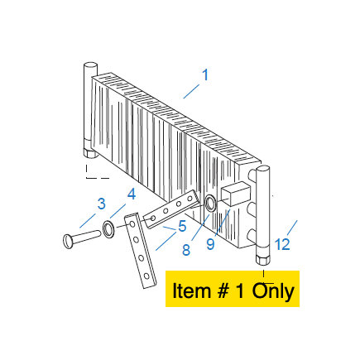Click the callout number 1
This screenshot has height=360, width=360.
205,75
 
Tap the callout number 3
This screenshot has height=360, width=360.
102,204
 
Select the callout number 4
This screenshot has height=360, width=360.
132,194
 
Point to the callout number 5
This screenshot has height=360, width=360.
182,226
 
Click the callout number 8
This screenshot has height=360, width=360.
186,250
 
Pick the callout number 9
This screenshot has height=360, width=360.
210,244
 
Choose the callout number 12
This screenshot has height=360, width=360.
282,244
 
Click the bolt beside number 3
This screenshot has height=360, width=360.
82,239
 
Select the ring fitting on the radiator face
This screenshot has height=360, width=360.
211,203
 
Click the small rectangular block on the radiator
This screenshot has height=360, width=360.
235,194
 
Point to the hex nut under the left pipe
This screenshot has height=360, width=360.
90,153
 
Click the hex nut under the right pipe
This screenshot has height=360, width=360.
263,260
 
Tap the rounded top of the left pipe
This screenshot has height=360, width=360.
90,66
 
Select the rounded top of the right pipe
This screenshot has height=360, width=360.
263,169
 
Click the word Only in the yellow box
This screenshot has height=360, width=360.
273,291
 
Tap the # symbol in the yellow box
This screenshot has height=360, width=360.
222,291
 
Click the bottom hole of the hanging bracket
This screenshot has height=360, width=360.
146,276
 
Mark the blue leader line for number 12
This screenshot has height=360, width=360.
292,228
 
